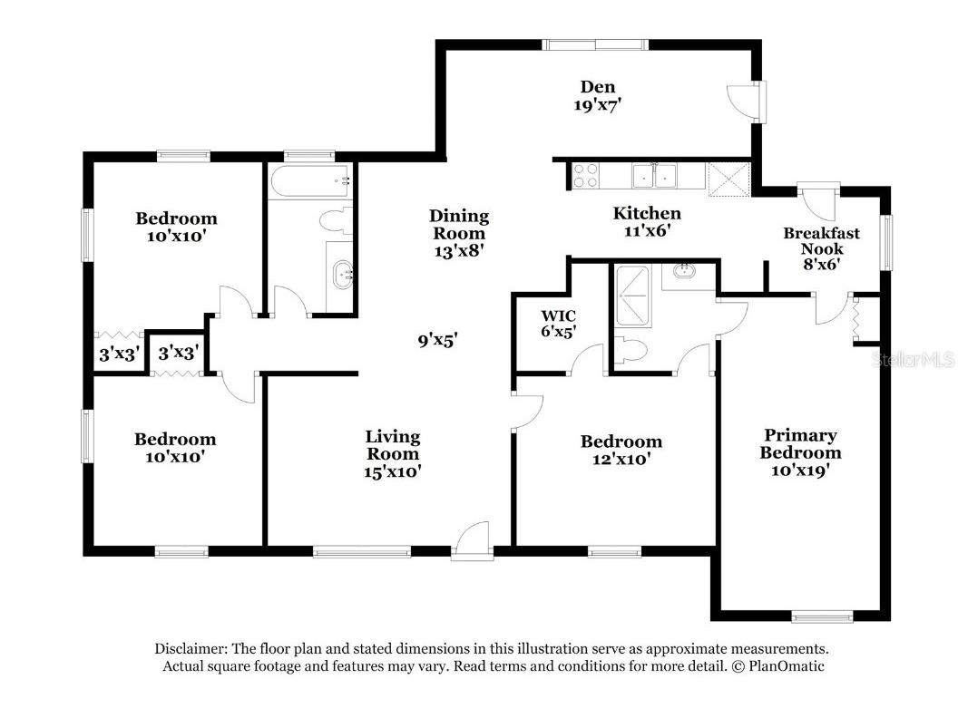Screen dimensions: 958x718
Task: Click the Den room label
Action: [x=597, y=87]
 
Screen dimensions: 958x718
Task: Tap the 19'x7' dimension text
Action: [x=597, y=105]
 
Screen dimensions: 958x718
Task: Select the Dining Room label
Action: [x=459, y=224]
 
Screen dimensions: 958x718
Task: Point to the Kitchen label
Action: [x=647, y=213]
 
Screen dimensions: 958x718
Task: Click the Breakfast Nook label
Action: [x=822, y=240]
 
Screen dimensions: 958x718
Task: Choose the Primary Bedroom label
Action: [x=800, y=444]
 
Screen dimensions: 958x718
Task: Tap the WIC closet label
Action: [x=558, y=315]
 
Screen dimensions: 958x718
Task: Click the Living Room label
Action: [x=392, y=445]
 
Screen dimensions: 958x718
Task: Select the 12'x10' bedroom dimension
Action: [x=621, y=459]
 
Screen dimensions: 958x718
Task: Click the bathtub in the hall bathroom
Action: [x=311, y=180]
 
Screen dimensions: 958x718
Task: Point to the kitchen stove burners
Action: [x=585, y=175]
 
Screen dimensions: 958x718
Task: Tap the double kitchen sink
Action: [x=654, y=176]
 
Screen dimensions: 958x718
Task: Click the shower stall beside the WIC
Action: [x=632, y=296]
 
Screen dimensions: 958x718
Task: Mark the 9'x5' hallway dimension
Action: [x=437, y=340]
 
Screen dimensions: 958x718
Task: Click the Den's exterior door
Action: [x=744, y=100]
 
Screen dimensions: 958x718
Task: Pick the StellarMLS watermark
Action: [x=914, y=360]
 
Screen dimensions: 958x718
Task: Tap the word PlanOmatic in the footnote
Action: [x=787, y=666]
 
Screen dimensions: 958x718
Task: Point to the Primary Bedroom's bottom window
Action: [x=822, y=616]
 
